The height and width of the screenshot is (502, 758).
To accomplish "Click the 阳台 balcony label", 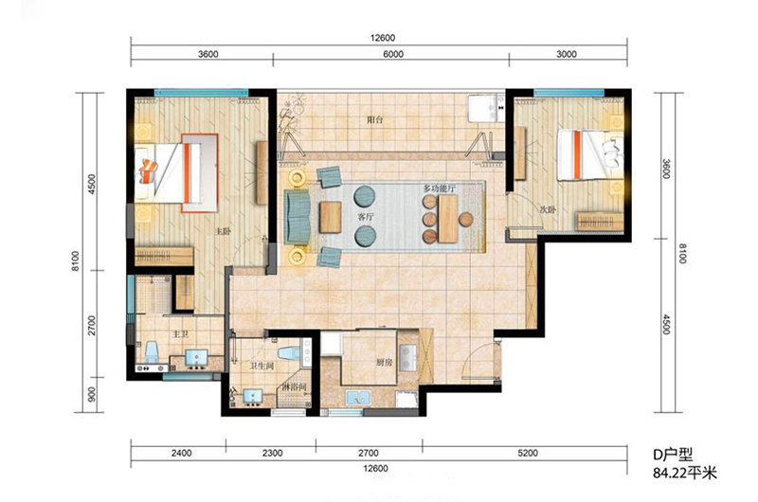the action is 374,119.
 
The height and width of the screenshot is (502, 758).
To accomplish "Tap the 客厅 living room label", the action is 366,217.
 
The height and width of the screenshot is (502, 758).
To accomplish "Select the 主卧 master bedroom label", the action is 223,232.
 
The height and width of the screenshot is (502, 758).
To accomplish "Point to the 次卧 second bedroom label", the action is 548,210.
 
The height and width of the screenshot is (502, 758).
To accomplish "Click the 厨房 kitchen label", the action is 385,363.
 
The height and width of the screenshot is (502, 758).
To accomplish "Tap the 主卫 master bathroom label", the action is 181,333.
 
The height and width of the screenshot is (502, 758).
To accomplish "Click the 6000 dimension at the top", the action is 393,54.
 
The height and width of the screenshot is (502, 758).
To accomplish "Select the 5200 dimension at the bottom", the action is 528,453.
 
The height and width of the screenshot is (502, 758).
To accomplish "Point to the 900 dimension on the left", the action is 92,394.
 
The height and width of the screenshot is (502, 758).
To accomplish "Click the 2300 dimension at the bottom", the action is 272,453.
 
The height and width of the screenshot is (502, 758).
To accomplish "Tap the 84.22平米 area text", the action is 685,473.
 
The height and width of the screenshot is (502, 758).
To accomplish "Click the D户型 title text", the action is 673,455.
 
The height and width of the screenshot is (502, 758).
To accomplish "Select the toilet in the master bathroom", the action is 152,352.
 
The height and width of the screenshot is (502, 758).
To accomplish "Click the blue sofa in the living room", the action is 298,217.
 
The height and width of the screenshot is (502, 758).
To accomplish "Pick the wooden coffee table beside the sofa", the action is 331,217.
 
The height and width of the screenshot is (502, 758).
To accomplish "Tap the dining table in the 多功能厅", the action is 448,219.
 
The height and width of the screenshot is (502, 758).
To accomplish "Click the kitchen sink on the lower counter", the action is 358,398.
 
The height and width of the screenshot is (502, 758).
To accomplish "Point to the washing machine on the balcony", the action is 486,108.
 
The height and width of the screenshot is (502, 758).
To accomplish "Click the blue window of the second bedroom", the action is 569,92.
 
